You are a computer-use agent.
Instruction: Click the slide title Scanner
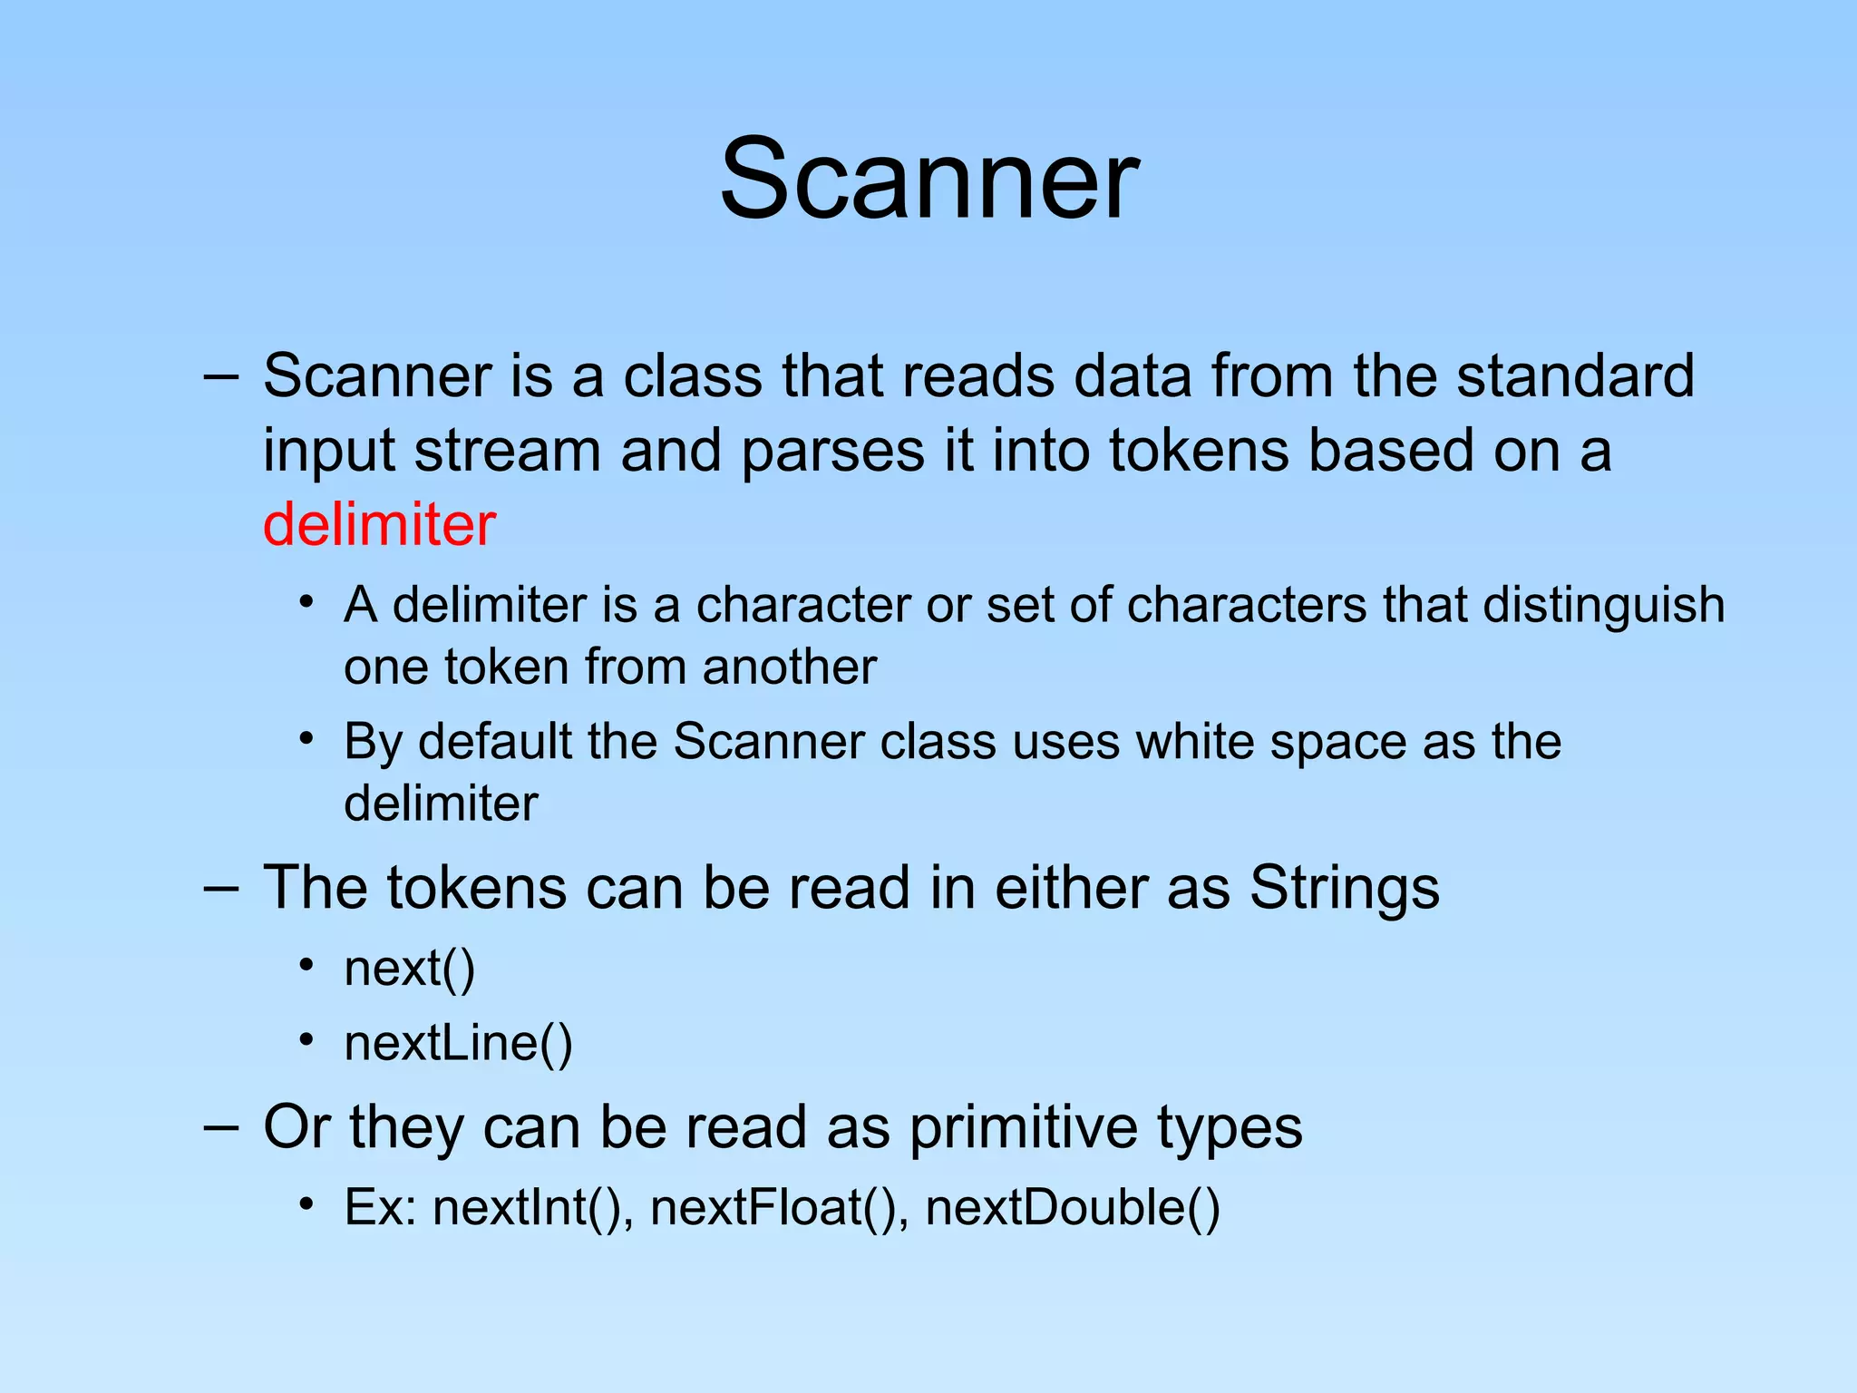coord(928,179)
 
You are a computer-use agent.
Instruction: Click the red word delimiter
coord(379,525)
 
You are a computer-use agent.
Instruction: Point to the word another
coord(789,667)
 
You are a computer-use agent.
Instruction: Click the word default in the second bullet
coord(494,742)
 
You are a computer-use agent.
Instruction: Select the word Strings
coord(1344,887)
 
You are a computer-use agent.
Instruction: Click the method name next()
coord(410,969)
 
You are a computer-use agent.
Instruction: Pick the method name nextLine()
coord(458,1043)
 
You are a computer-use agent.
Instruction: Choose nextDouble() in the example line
coord(1073,1208)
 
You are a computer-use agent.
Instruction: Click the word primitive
coord(1023,1127)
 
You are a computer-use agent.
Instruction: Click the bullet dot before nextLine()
coord(307,1039)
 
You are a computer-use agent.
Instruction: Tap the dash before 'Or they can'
coord(221,1127)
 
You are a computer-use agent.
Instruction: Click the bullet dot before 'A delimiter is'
coord(307,601)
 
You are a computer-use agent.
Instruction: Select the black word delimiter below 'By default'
coord(441,804)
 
